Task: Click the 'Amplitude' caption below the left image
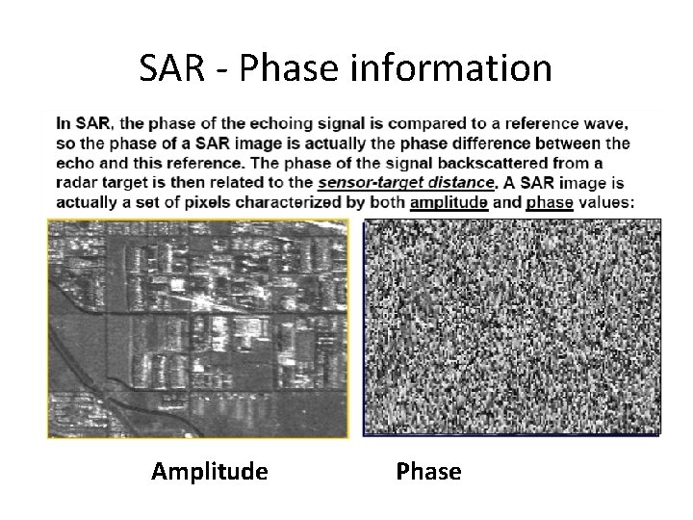210,472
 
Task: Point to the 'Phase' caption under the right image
428,472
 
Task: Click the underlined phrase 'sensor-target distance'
405,183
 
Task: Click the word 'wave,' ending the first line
608,123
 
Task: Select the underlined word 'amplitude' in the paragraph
449,202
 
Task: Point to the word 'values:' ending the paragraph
606,202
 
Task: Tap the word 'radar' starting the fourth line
77,183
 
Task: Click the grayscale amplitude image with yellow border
197,328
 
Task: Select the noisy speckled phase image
511,327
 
